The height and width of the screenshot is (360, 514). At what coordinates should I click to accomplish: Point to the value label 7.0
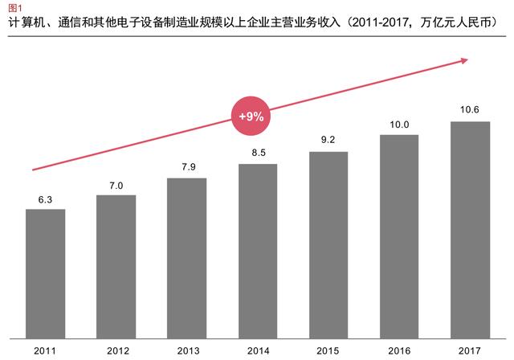[x=116, y=185]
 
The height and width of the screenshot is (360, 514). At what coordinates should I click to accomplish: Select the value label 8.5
[x=258, y=153]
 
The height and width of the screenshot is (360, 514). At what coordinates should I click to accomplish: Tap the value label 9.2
[x=328, y=140]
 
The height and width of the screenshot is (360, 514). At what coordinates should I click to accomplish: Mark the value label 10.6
[x=470, y=111]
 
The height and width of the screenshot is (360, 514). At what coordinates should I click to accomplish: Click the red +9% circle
[x=251, y=117]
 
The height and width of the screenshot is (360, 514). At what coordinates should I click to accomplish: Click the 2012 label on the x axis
[x=116, y=350]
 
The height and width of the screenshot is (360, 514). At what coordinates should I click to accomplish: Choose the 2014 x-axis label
[x=258, y=350]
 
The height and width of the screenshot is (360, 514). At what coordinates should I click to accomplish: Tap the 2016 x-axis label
[x=399, y=350]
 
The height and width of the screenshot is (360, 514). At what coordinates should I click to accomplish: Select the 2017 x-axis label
[x=470, y=350]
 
